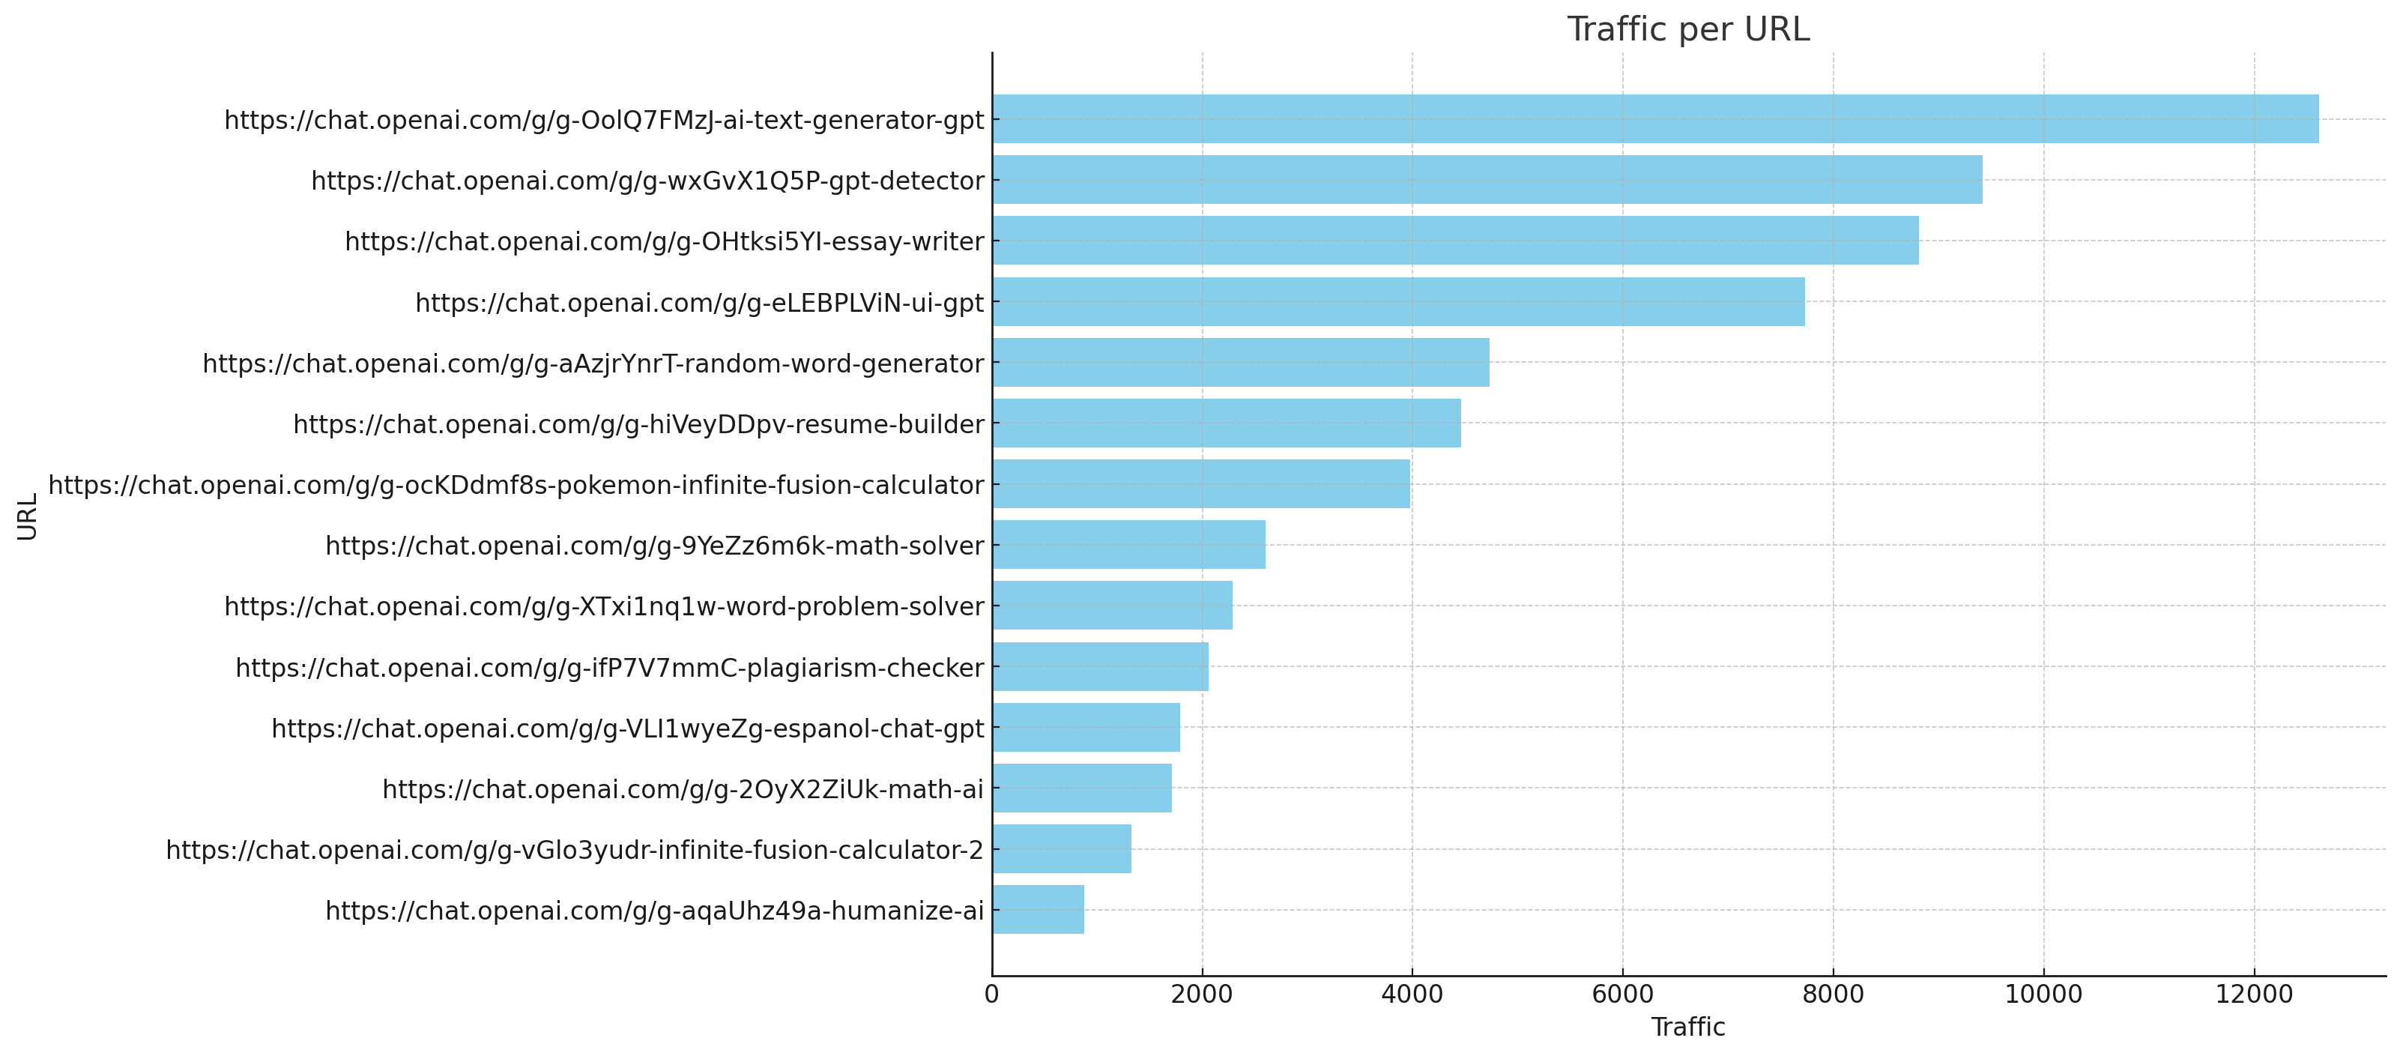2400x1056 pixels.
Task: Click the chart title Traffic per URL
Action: (x=1687, y=30)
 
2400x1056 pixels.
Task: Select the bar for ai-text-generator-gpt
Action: (x=1654, y=119)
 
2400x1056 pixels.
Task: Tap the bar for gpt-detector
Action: (x=1487, y=180)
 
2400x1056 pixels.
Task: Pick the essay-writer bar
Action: (x=1455, y=241)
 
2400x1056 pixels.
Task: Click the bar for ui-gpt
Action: (x=1397, y=301)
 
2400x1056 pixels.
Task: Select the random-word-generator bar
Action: (x=1240, y=363)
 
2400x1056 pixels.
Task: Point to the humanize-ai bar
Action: (x=1038, y=910)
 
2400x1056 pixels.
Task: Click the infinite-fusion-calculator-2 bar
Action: (x=1061, y=849)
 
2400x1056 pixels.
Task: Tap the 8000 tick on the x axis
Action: (x=1833, y=995)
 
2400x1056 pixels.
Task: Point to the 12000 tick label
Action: (x=2254, y=995)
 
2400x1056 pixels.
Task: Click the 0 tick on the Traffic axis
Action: (x=992, y=995)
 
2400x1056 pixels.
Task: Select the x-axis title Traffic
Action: (x=1687, y=1027)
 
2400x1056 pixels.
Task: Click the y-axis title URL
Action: (x=27, y=516)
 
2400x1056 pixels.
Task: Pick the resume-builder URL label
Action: (x=638, y=425)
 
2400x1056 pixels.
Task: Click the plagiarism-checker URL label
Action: (x=609, y=669)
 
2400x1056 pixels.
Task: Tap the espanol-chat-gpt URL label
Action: (x=627, y=728)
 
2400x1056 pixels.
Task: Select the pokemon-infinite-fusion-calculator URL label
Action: (x=516, y=486)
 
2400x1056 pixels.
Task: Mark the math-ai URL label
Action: (x=682, y=789)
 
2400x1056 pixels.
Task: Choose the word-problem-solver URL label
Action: (x=604, y=607)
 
